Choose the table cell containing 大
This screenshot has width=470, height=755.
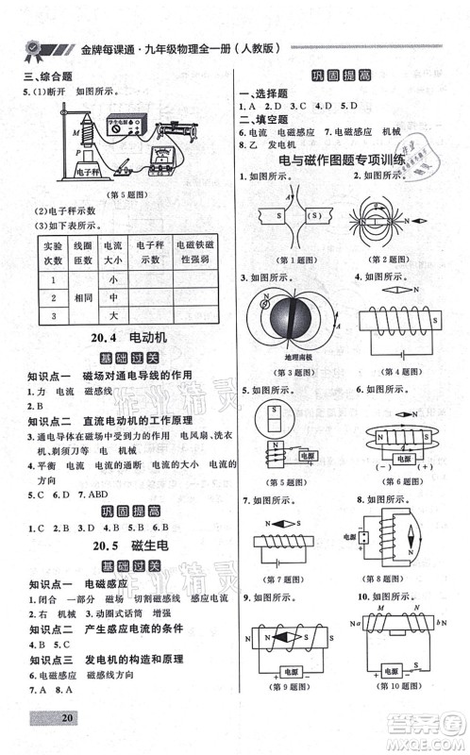pos(113,314)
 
